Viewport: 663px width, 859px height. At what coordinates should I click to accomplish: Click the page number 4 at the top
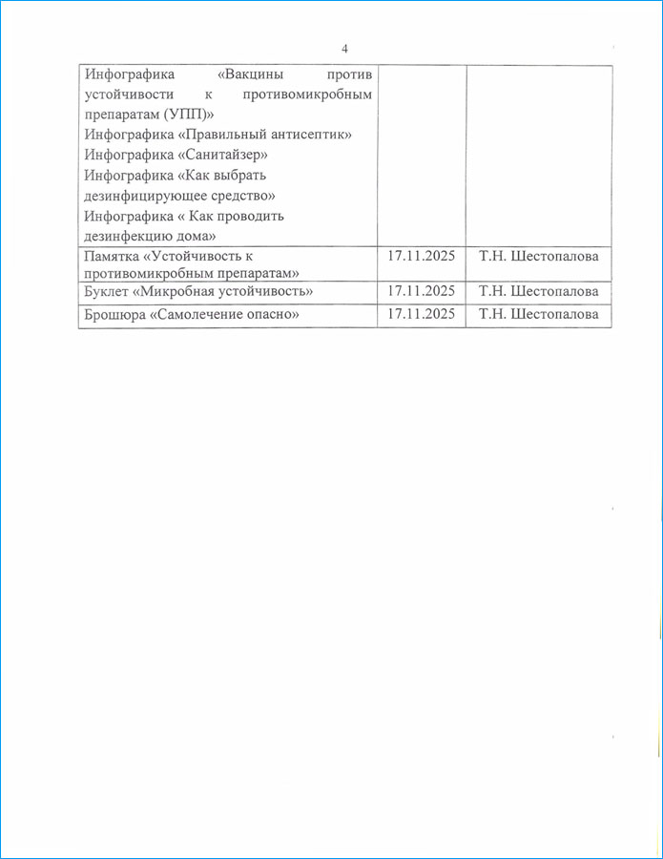coord(344,49)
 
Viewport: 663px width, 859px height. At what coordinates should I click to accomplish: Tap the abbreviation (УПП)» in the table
coord(186,115)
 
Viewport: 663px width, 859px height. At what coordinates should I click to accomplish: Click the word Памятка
coord(114,257)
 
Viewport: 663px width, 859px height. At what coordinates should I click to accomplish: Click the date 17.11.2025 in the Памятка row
coord(421,257)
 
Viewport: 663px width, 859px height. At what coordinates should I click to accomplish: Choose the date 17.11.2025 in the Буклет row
coord(421,291)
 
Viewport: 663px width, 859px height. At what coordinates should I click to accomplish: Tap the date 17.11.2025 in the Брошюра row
coord(421,315)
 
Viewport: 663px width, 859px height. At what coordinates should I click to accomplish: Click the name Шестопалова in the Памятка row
coord(554,257)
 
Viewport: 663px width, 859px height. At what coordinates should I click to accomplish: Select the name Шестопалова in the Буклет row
coord(554,291)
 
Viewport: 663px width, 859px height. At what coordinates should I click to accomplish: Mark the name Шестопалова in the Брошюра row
coord(554,315)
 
